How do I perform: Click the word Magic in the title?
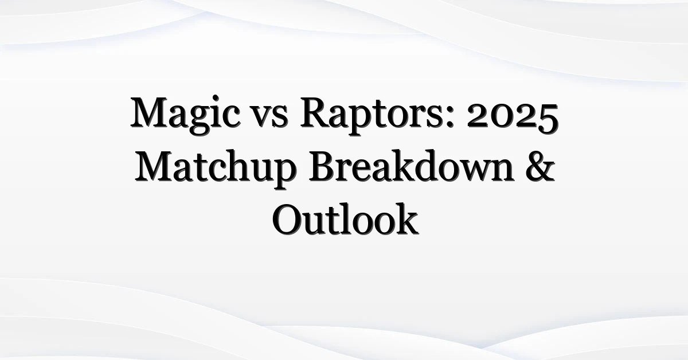(185, 115)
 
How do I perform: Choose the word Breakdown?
(411, 166)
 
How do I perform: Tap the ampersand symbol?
(540, 166)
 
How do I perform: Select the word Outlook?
(345, 219)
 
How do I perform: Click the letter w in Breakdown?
(467, 171)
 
